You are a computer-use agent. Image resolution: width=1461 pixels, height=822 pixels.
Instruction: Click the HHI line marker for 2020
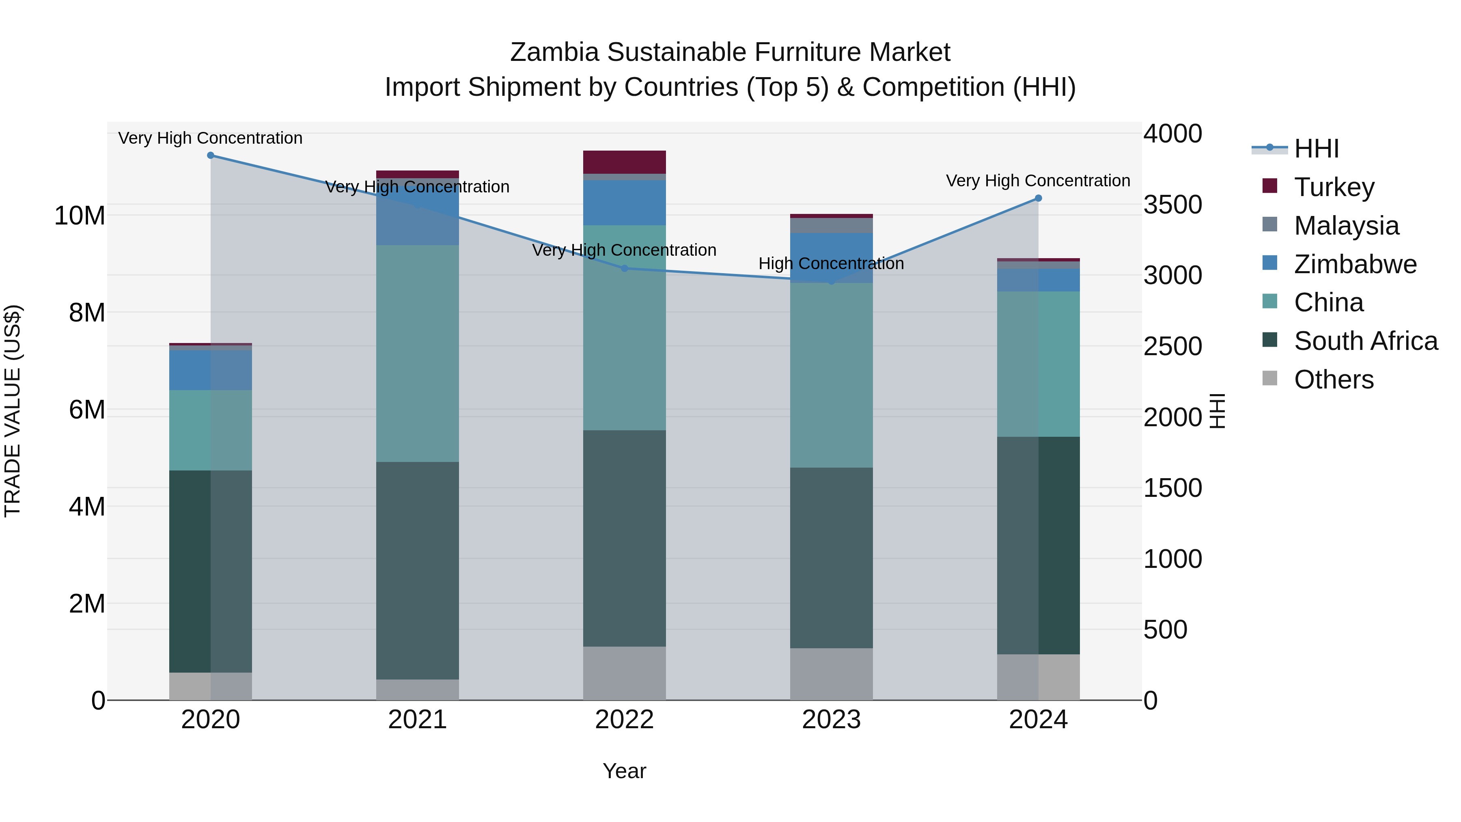click(x=210, y=155)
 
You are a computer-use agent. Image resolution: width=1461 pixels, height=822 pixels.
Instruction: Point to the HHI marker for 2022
click(x=625, y=268)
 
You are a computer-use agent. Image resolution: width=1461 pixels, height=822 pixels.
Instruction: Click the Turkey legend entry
click(x=1334, y=187)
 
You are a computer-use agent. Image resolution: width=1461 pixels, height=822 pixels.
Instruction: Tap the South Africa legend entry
click(x=1365, y=341)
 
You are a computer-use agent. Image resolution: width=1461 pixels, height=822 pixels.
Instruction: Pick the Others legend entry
click(x=1334, y=380)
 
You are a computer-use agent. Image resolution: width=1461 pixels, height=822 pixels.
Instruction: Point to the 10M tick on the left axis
click(x=80, y=216)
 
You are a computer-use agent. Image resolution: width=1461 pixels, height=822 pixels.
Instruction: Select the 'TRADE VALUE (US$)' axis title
click(x=13, y=411)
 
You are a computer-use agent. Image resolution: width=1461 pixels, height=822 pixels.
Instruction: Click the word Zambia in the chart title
click(x=554, y=53)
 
